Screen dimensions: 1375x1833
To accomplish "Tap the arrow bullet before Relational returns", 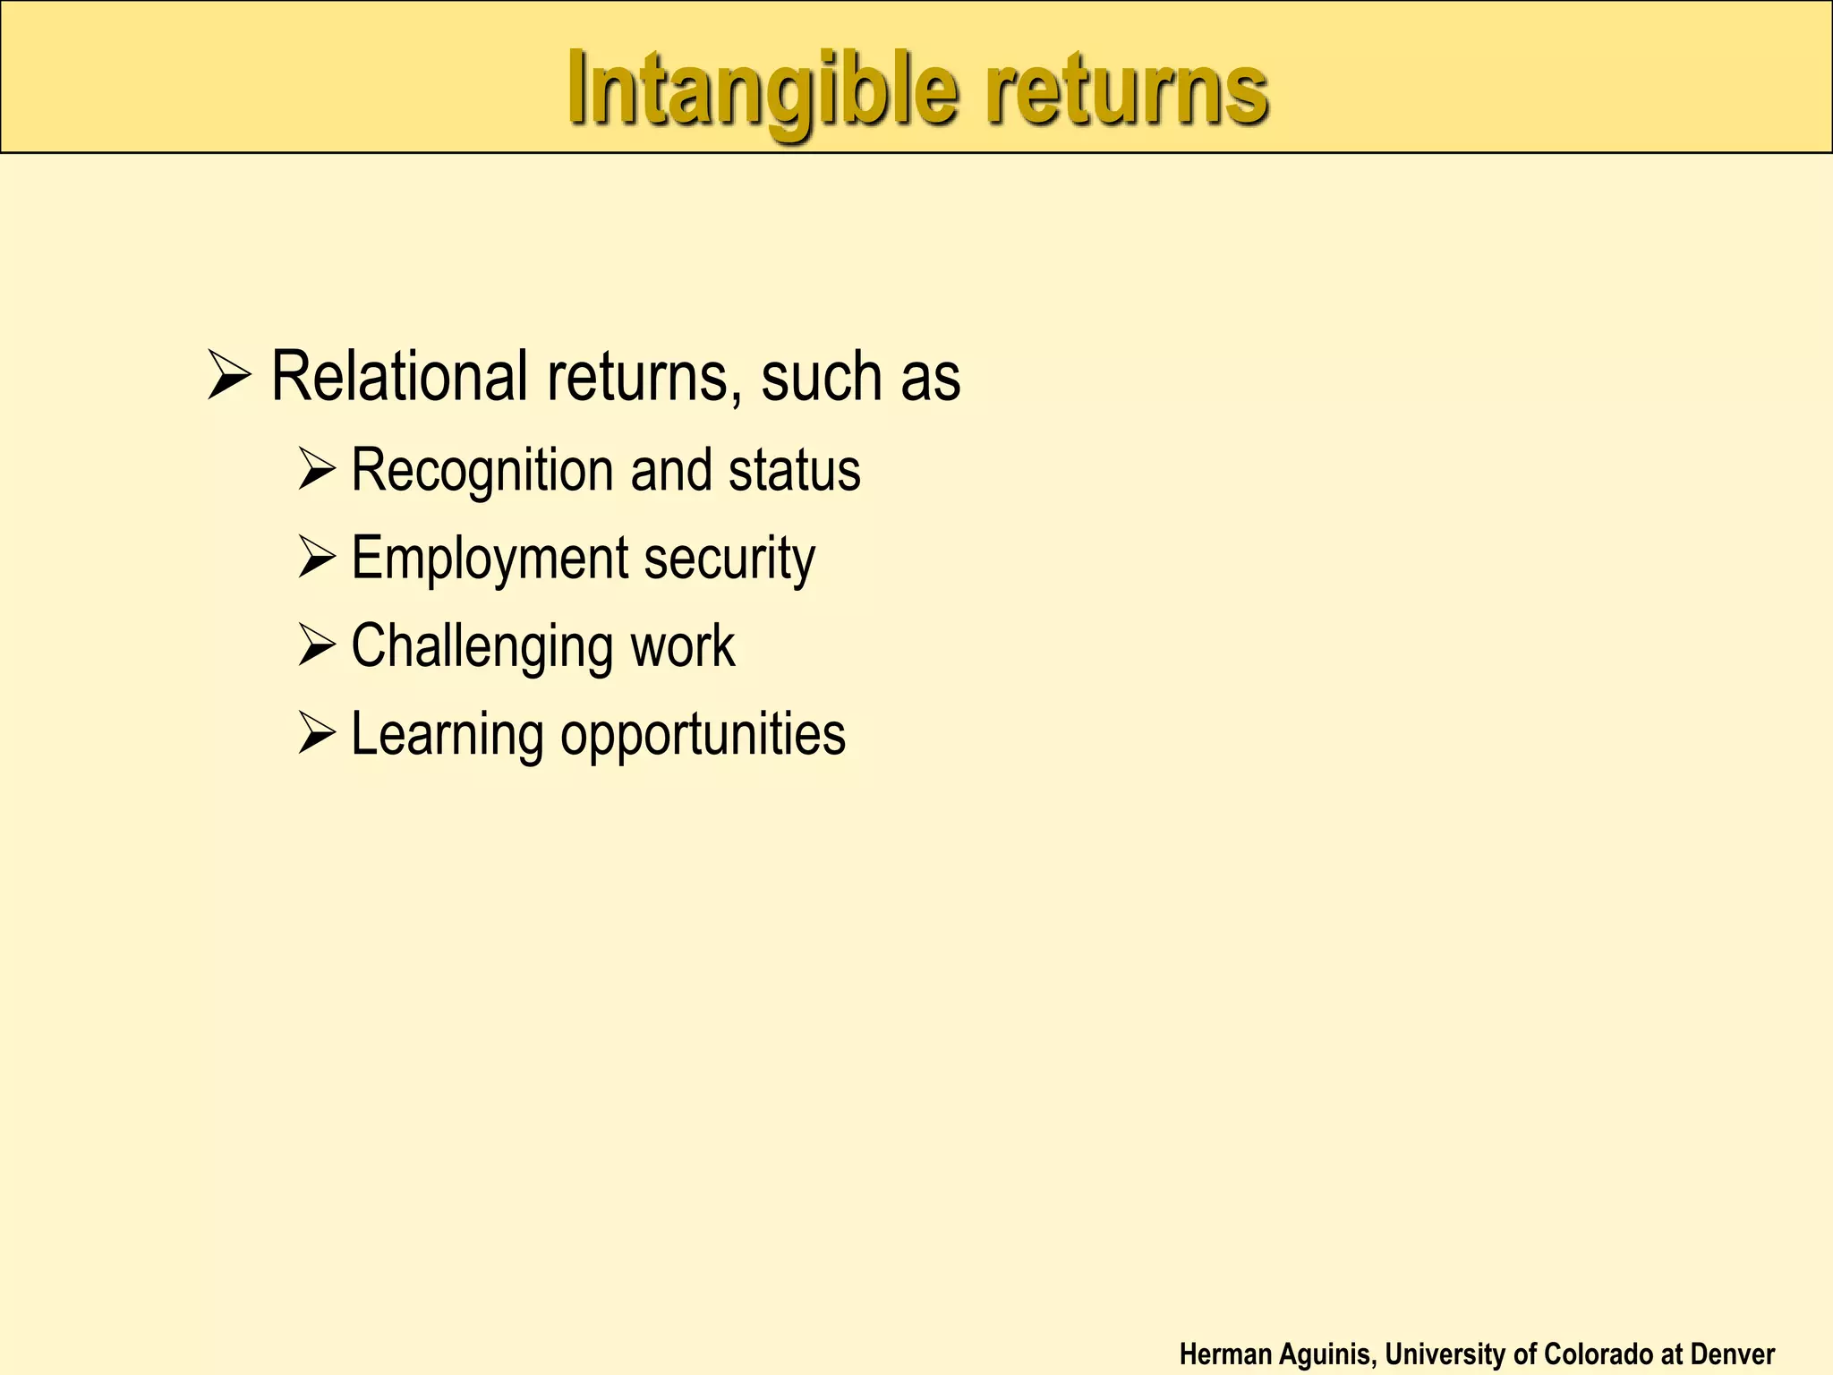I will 229,376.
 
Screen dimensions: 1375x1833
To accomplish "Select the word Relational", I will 399,376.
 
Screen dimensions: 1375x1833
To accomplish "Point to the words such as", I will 860,376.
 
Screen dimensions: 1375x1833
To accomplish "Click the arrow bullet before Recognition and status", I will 316,469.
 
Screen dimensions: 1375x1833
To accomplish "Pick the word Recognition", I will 482,471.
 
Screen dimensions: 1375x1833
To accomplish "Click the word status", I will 794,471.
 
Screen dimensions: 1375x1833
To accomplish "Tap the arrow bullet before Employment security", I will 316,557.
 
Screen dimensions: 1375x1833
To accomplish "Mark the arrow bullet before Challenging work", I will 316,645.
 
